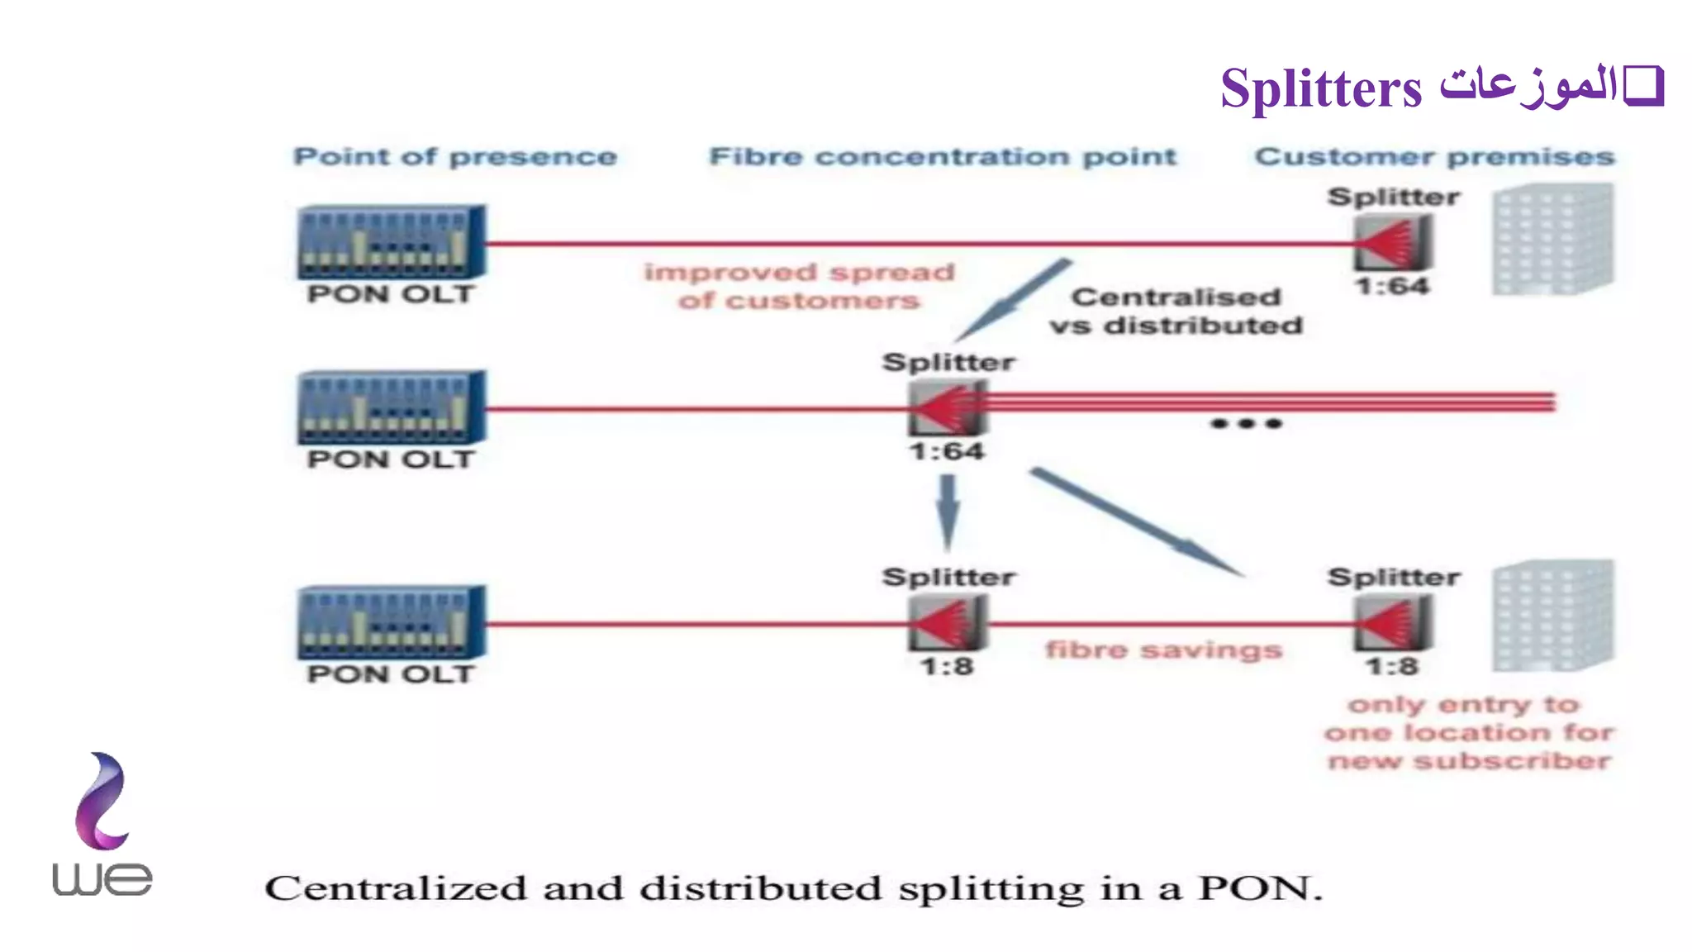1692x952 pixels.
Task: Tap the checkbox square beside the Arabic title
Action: tap(1643, 86)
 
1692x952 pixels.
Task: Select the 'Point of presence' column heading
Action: tap(455, 156)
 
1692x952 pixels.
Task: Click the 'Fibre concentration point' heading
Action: tap(943, 156)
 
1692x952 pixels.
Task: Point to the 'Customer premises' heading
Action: tap(1434, 156)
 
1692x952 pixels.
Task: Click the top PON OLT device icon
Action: tap(391, 241)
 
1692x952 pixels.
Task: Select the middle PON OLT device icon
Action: tap(391, 407)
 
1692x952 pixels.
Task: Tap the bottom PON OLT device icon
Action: tap(391, 621)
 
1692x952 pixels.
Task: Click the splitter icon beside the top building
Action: tap(1392, 242)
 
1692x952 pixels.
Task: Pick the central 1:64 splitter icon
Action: tap(947, 407)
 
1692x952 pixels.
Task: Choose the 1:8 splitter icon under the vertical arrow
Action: tap(947, 622)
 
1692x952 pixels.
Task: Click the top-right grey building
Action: tap(1552, 240)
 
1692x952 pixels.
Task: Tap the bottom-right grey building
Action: tap(1552, 616)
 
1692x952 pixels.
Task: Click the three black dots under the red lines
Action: tap(1246, 424)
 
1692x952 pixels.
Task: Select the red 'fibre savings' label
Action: tap(1163, 650)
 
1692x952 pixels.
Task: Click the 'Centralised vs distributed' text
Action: tap(1176, 311)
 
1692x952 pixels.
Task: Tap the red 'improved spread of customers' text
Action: tap(799, 286)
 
